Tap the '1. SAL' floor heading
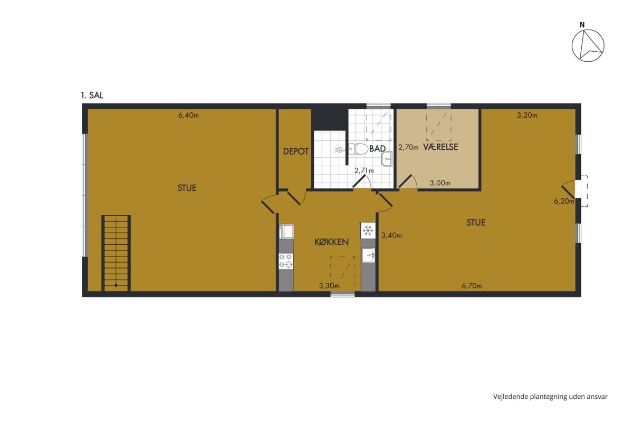tap(92, 95)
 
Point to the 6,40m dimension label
tap(188, 116)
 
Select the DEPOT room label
tap(295, 151)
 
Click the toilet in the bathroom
tap(357, 149)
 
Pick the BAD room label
tap(377, 148)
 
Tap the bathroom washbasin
tap(387, 159)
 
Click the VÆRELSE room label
tap(440, 147)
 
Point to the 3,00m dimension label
tap(440, 183)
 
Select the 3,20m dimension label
tap(527, 116)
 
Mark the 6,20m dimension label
tap(564, 202)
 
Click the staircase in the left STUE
tap(116, 253)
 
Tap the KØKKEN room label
tap(331, 242)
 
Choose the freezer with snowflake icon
tap(367, 231)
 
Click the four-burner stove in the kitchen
tap(286, 261)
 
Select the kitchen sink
tap(369, 255)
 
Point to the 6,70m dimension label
tap(472, 286)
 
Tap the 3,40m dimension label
tap(391, 235)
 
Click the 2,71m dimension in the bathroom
tap(364, 171)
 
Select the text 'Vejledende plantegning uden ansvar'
tap(550, 397)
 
